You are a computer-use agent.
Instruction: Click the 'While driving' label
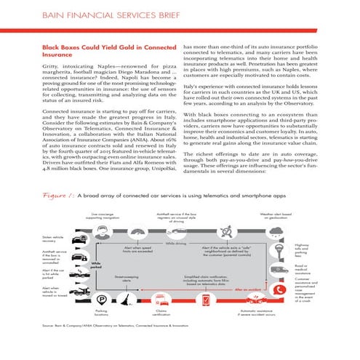175,243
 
